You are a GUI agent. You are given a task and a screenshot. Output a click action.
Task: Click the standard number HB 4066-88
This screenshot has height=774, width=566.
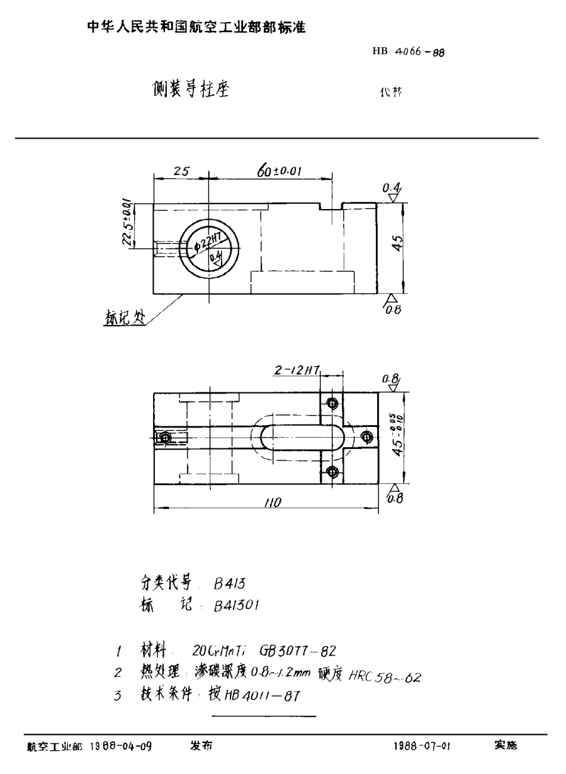(409, 54)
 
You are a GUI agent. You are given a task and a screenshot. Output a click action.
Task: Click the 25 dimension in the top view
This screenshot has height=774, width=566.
(181, 170)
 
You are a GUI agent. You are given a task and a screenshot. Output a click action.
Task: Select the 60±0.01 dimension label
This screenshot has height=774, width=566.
(280, 170)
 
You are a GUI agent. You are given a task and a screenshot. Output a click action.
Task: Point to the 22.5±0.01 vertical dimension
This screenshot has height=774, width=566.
(127, 222)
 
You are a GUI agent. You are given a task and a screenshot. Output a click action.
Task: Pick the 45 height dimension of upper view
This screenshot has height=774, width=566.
(397, 244)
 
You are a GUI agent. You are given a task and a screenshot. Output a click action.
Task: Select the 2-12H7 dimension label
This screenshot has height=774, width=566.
(297, 372)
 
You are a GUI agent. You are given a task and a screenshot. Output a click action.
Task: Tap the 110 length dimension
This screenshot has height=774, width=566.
(272, 503)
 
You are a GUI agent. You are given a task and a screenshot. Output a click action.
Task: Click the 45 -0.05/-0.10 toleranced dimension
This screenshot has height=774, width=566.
(397, 435)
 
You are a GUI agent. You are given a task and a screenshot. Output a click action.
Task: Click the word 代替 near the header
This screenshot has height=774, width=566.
(390, 91)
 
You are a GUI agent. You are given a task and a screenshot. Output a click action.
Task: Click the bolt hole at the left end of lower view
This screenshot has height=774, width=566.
(166, 437)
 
